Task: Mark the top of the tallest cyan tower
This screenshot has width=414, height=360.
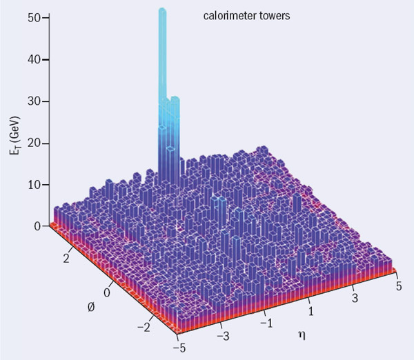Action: [x=163, y=11]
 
